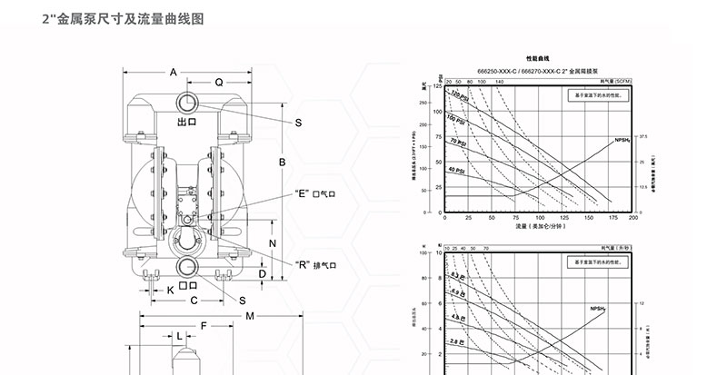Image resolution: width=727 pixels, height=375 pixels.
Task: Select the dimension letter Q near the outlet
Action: pos(218,82)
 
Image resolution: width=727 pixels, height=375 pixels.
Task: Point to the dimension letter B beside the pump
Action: pos(283,163)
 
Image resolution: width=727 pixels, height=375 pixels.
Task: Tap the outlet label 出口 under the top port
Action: pos(187,121)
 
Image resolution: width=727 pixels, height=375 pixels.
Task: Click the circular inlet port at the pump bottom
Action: pos(188,266)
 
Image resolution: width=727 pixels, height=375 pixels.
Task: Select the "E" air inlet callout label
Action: pos(315,193)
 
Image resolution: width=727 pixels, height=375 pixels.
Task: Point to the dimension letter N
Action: pos(273,245)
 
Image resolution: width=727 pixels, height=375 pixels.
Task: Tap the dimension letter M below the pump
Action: pos(250,315)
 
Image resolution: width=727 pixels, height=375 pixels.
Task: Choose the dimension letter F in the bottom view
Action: pos(204,325)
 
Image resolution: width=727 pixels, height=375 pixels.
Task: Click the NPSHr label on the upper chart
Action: pos(622,141)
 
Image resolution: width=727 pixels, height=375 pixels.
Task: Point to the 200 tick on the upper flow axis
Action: pos(633,219)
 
